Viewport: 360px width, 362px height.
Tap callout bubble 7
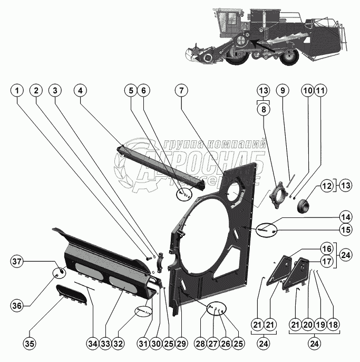point(181,91)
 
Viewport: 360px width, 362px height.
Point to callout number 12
point(327,186)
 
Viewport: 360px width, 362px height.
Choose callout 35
point(29,344)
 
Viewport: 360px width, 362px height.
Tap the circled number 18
point(333,344)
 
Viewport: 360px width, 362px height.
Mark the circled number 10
point(307,91)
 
